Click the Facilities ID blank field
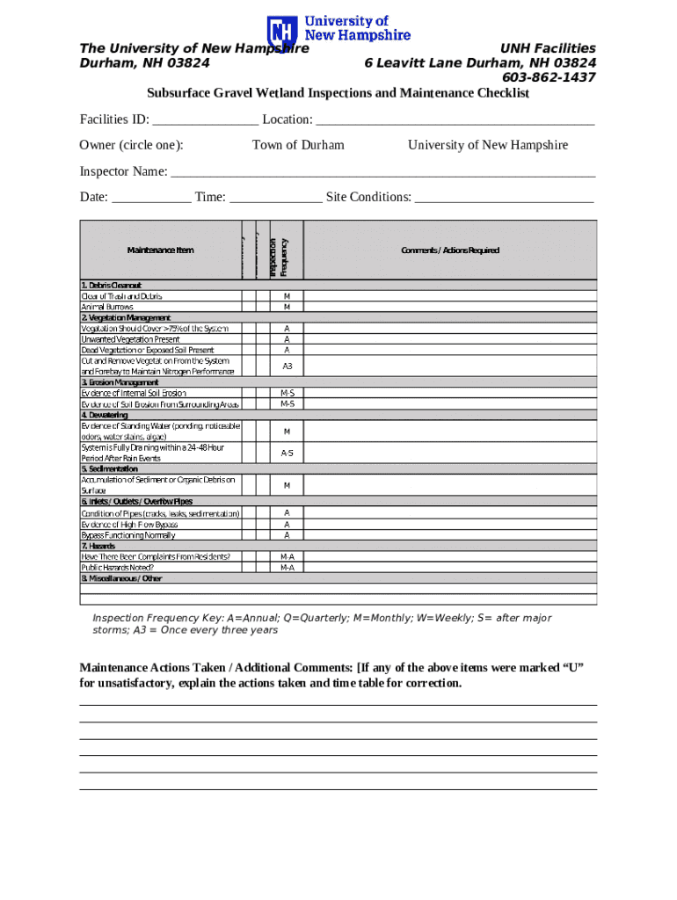point(205,120)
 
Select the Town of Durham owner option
point(298,145)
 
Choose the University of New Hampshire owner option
point(488,145)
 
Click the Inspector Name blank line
point(382,172)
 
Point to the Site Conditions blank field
point(504,198)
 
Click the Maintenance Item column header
point(160,250)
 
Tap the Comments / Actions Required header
point(450,250)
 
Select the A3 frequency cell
point(287,366)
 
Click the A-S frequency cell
point(287,453)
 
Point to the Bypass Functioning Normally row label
point(128,535)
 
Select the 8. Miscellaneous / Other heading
point(122,578)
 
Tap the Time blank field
point(275,198)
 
